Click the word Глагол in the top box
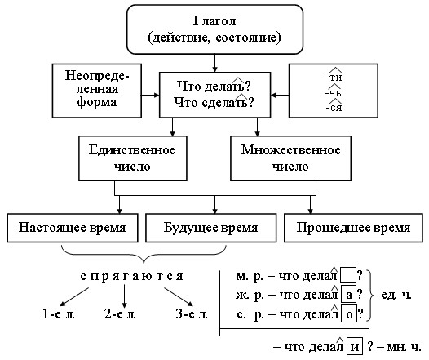(214, 21)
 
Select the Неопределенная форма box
(97, 91)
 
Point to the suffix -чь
(334, 91)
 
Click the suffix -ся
(334, 106)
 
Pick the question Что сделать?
(214, 102)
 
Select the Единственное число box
(133, 158)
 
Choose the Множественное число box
(290, 158)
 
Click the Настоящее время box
(73, 228)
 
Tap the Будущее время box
(211, 228)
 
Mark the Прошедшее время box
(353, 228)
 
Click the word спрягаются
(131, 277)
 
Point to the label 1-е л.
(59, 313)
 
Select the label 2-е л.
(120, 313)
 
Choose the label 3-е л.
(192, 313)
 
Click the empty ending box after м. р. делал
(348, 275)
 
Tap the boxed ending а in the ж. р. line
(349, 295)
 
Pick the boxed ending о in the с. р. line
(349, 313)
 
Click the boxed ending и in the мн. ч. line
(355, 347)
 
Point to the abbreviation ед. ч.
(396, 295)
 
